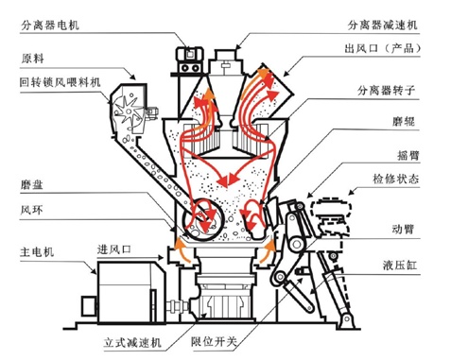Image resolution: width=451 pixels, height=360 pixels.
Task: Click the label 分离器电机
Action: click(x=50, y=25)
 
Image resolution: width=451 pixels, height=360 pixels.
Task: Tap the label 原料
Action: click(x=32, y=59)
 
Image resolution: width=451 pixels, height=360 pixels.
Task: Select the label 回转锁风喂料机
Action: click(x=61, y=82)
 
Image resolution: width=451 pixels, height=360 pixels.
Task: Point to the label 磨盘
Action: click(x=32, y=184)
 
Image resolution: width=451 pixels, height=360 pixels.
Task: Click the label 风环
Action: click(x=31, y=210)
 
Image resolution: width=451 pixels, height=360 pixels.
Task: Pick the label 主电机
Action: click(x=37, y=251)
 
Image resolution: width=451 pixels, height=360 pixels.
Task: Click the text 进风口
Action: click(x=114, y=249)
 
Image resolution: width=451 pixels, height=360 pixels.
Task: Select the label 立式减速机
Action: click(x=132, y=342)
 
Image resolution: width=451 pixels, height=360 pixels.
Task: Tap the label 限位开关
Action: click(x=214, y=341)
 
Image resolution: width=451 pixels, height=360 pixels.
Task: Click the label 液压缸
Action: click(x=400, y=265)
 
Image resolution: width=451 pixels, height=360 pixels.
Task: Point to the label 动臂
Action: click(x=403, y=229)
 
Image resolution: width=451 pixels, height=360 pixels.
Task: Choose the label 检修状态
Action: click(x=396, y=179)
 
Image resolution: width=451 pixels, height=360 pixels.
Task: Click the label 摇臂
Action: click(x=408, y=155)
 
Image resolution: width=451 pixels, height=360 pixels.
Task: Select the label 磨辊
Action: click(x=404, y=121)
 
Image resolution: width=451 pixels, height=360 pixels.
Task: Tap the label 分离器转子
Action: click(x=386, y=91)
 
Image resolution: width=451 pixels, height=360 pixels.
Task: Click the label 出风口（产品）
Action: click(x=383, y=48)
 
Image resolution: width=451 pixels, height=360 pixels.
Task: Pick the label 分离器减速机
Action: click(x=383, y=25)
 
